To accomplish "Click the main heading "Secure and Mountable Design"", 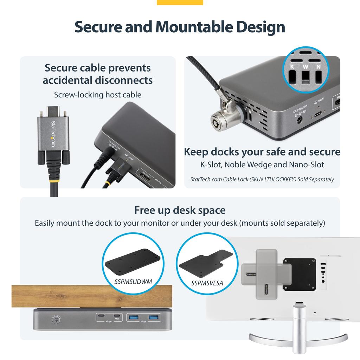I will click(180, 27).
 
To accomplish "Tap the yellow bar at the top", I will click(180, 2).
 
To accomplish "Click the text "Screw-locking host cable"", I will click(97, 95).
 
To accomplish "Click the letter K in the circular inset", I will click(292, 66).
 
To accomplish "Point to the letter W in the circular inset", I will click(305, 66).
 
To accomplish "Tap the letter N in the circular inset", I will click(319, 66).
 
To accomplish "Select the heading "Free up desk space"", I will click(180, 210).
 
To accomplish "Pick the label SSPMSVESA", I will click(207, 283).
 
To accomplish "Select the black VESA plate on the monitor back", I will click(299, 274).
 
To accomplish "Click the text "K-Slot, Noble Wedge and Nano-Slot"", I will click(262, 165).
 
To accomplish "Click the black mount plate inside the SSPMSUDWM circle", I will click(133, 262).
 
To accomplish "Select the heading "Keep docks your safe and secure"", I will click(262, 152).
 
